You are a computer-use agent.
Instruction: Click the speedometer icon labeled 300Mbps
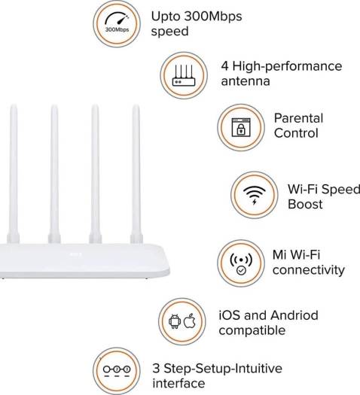tap(117, 23)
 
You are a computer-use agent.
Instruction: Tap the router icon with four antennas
tap(184, 75)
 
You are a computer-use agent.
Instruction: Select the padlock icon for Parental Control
tap(241, 127)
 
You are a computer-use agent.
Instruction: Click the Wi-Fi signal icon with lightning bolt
tap(255, 195)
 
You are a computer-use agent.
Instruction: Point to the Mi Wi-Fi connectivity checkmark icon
tap(241, 263)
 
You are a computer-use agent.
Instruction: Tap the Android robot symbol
tap(175, 321)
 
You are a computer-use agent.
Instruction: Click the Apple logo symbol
tap(190, 321)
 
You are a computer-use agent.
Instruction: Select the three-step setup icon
tap(117, 372)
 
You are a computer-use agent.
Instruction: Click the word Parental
tap(298, 118)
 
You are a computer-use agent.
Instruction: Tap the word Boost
tap(305, 204)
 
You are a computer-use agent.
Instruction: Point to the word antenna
tap(246, 81)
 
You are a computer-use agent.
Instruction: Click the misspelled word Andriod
tap(294, 315)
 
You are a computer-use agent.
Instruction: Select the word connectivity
tap(309, 270)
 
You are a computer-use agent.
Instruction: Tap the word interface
tap(178, 384)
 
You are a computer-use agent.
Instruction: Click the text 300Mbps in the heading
tap(213, 17)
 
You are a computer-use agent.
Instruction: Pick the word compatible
tap(252, 330)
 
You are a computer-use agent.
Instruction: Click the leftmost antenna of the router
tap(14, 174)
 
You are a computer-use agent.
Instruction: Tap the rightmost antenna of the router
tap(136, 174)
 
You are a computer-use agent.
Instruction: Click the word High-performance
tap(287, 66)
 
